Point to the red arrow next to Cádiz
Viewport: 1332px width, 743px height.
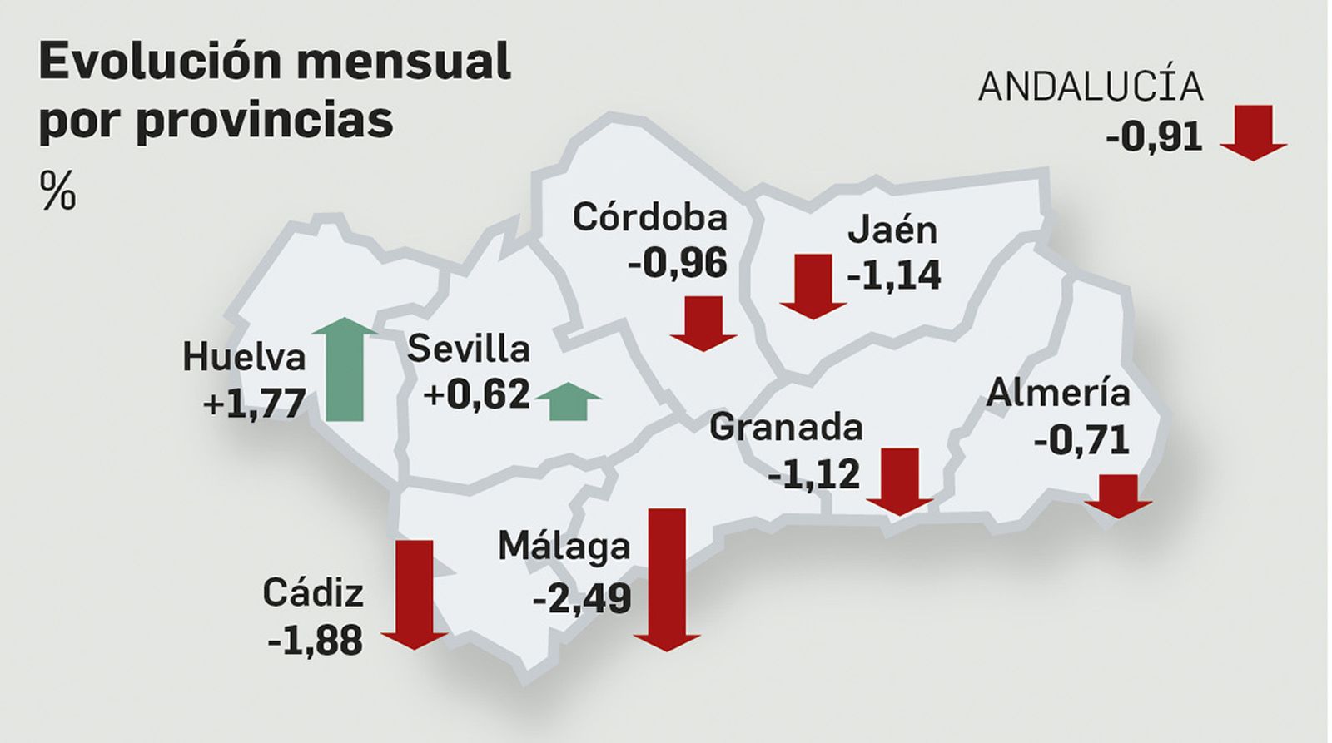[x=415, y=594]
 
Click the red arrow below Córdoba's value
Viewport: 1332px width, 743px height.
[x=703, y=323]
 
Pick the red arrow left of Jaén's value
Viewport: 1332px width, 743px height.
[x=813, y=286]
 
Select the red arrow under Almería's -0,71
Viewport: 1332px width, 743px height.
[x=1118, y=496]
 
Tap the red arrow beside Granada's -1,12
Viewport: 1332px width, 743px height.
[x=900, y=481]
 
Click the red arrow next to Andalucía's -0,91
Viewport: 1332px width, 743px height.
[x=1254, y=131]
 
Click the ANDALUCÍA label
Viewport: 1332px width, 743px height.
[x=1091, y=87]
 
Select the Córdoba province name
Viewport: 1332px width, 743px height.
[x=649, y=217]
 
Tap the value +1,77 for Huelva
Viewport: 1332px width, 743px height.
[x=254, y=404]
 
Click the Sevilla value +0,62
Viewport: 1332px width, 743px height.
[x=477, y=393]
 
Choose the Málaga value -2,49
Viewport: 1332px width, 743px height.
[x=582, y=597]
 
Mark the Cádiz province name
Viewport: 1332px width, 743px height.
[x=313, y=592]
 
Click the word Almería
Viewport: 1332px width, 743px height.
[x=1057, y=392]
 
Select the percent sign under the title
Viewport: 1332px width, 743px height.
[x=57, y=191]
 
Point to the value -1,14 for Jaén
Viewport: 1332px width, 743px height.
[x=893, y=275]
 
